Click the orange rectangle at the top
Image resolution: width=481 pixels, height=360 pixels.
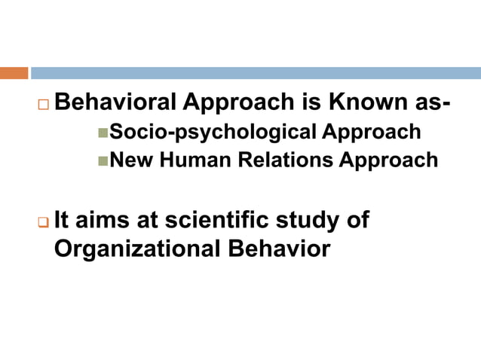coord(14,73)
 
